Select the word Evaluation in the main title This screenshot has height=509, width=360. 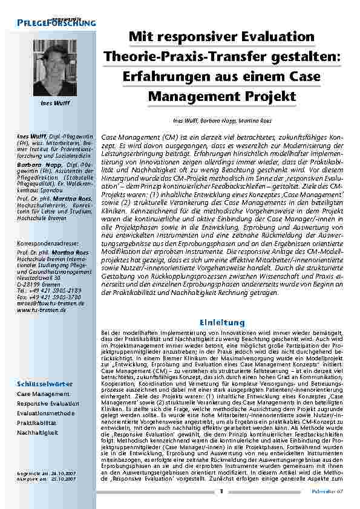pyautogui.click(x=269, y=37)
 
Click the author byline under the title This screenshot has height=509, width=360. pyautogui.click(x=222, y=121)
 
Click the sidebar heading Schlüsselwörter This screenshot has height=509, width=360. pyautogui.click(x=45, y=383)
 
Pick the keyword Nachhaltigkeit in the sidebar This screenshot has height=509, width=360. pyautogui.click(x=39, y=433)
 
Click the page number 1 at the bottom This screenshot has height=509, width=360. pyautogui.click(x=221, y=491)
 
